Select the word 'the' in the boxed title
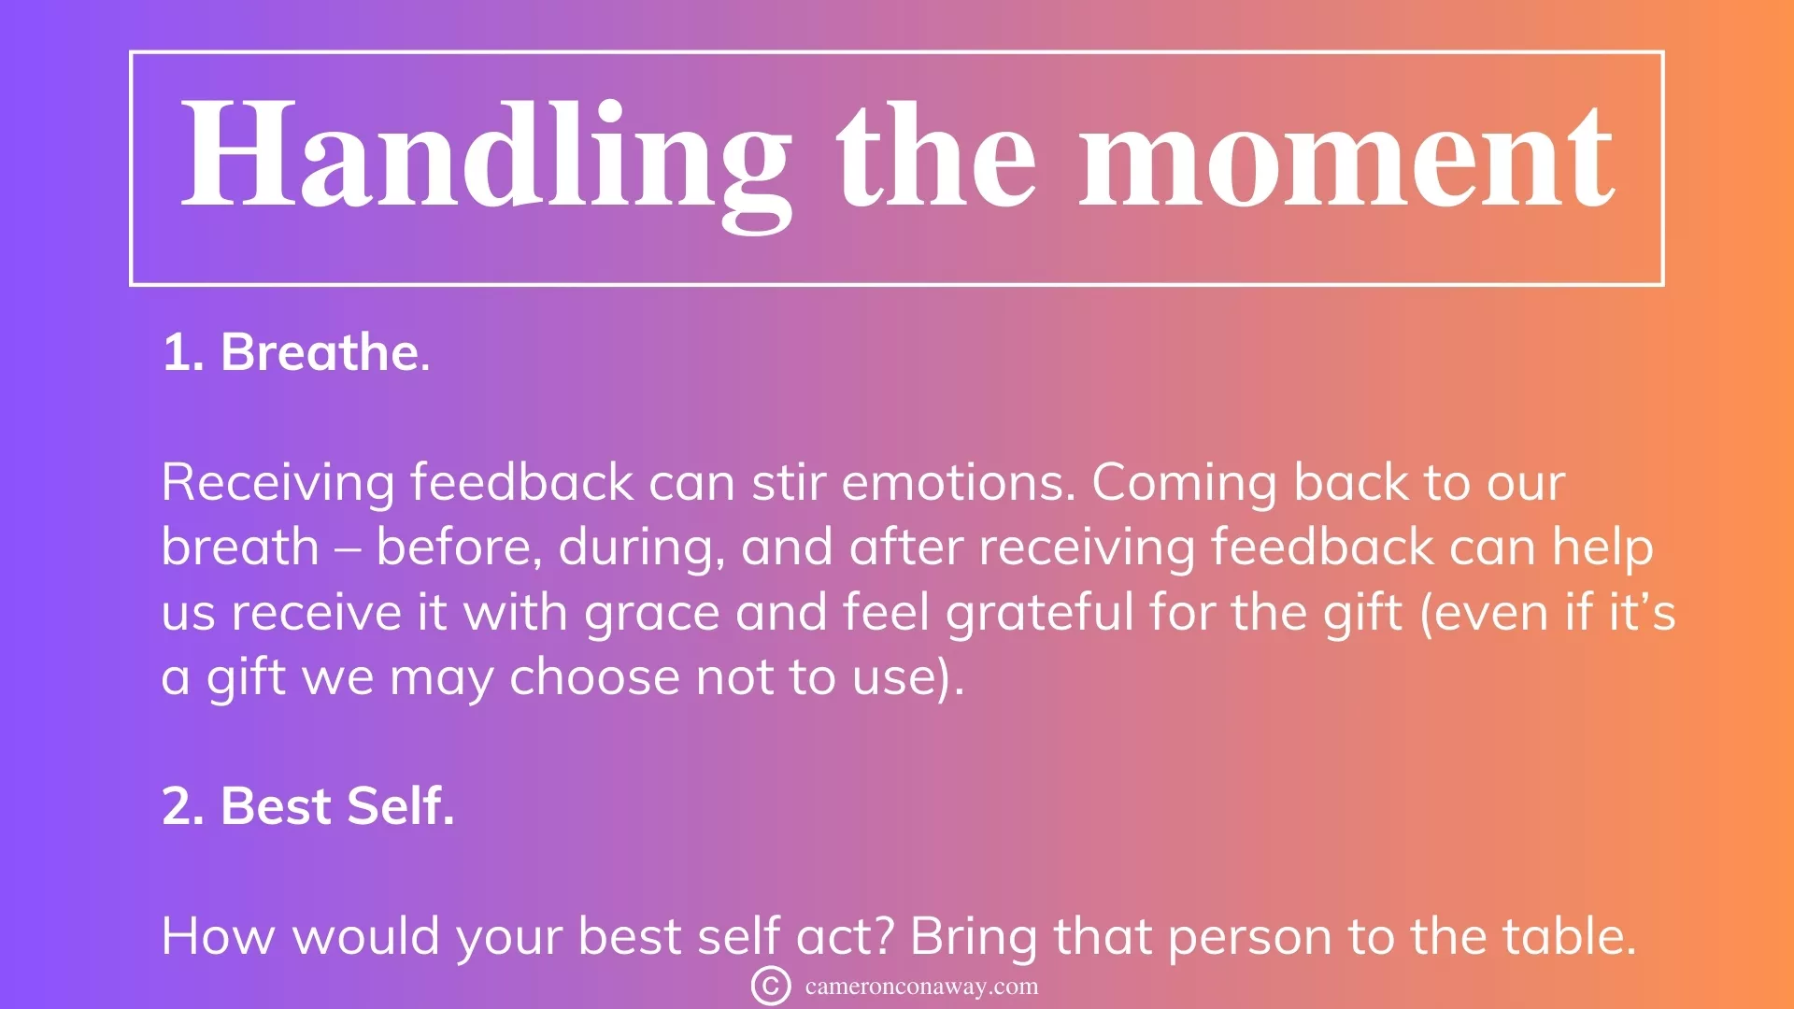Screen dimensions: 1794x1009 (x=936, y=153)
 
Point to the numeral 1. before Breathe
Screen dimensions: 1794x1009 (x=183, y=353)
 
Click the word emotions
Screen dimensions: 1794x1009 (x=959, y=483)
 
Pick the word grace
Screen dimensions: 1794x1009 (x=652, y=615)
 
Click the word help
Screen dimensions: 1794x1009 (x=1602, y=547)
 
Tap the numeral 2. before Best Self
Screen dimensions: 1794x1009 (x=183, y=806)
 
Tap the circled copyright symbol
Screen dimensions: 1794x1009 (x=771, y=986)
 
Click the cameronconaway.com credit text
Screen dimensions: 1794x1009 (x=921, y=987)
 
